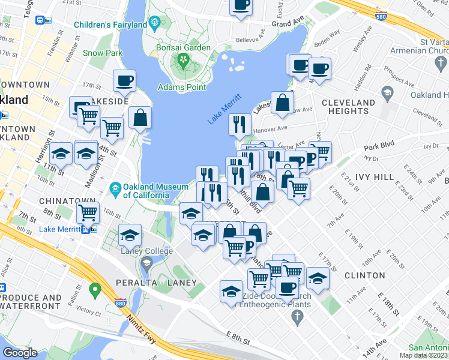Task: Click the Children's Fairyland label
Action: (x=110, y=25)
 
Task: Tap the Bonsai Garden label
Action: (x=183, y=47)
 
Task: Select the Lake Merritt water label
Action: (x=224, y=109)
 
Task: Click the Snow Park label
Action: (x=103, y=53)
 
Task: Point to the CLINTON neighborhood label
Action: (x=365, y=275)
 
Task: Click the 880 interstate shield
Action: (x=120, y=301)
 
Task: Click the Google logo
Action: (x=20, y=353)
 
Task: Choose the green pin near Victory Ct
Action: (x=94, y=292)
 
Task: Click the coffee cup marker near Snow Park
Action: (x=124, y=80)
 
